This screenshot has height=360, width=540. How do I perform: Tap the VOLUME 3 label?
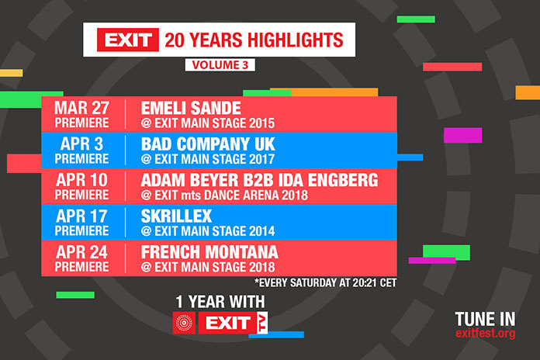point(220,65)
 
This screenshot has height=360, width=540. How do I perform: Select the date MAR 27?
point(82,107)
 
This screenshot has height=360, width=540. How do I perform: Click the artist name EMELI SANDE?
point(191,107)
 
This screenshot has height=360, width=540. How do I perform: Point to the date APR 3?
point(82,144)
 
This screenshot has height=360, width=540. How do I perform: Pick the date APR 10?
point(82,180)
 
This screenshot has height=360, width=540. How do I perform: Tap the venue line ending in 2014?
point(208,231)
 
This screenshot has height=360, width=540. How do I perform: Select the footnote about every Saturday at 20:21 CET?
point(325,283)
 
